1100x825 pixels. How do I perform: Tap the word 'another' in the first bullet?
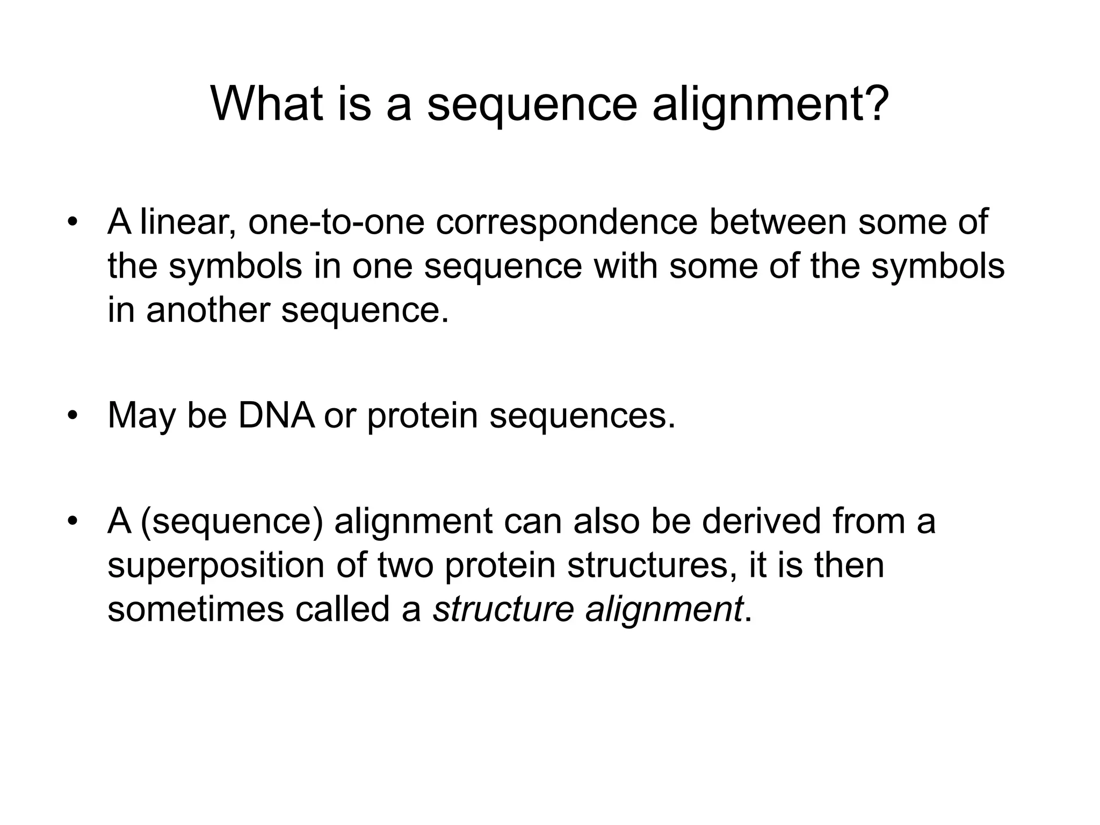[x=207, y=310]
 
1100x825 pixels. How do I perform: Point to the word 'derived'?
[x=761, y=521]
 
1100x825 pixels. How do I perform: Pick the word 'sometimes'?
[x=196, y=610]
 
